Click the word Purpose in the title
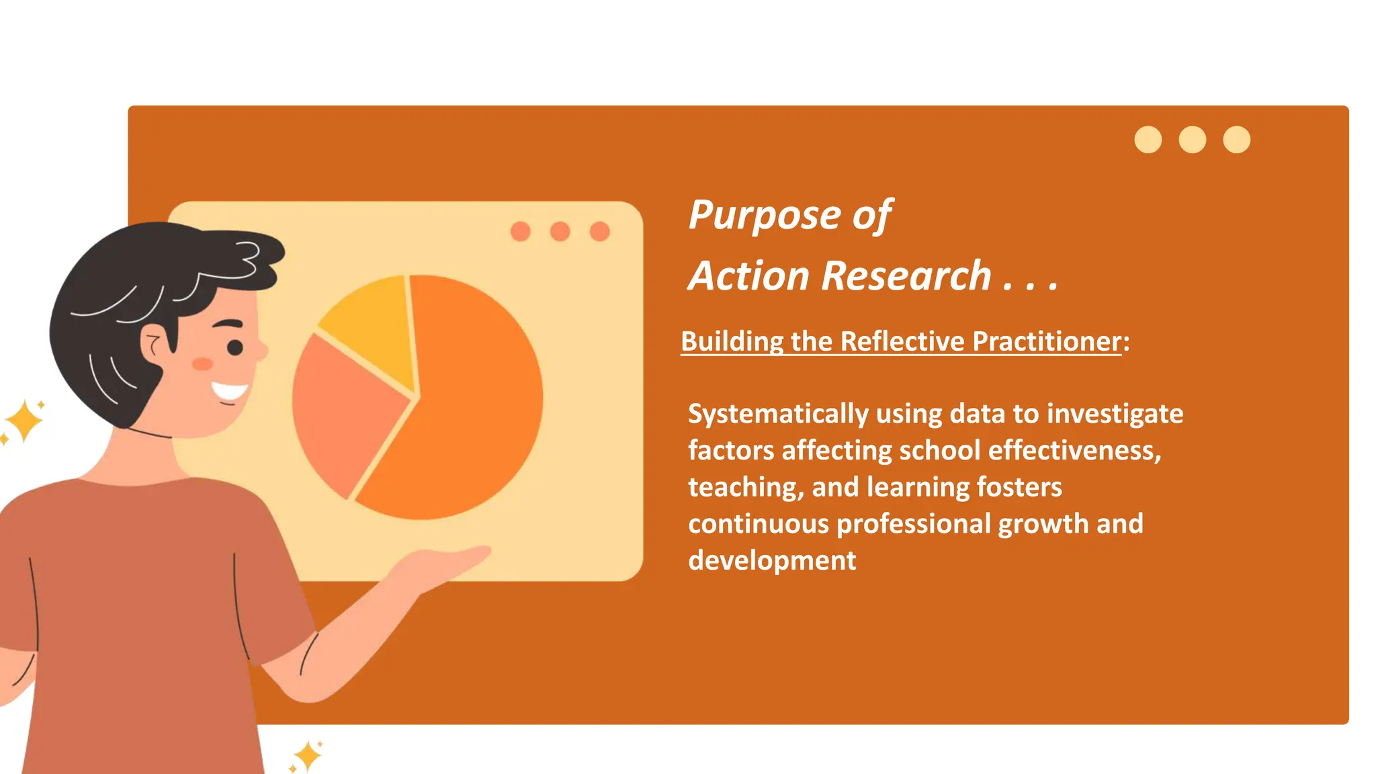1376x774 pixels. [765, 216]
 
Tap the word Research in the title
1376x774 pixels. [907, 276]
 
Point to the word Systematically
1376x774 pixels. [778, 414]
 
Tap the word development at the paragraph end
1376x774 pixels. [772, 560]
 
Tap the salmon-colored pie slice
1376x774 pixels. [343, 410]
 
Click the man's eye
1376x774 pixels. [235, 347]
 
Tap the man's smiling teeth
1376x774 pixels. [230, 391]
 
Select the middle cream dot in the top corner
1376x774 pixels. [1192, 140]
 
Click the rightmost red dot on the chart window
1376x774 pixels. [599, 232]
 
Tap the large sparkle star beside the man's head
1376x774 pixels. [24, 421]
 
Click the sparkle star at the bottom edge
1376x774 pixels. [308, 756]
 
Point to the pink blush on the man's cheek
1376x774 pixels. [202, 364]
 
